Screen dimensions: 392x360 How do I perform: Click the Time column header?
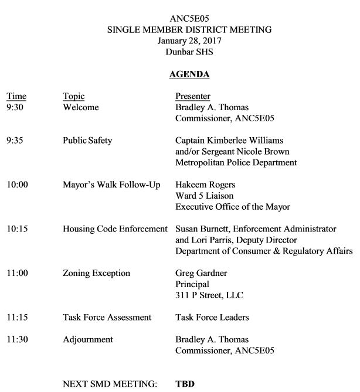[x=16, y=97]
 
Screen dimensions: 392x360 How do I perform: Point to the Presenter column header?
[x=193, y=97]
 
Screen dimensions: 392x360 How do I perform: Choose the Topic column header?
[x=74, y=97]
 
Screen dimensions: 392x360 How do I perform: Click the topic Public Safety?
[x=87, y=141]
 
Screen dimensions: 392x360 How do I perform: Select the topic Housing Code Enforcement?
[x=115, y=229]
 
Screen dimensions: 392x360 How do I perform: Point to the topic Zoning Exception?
[x=97, y=273]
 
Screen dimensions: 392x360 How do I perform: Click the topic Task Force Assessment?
[x=107, y=318]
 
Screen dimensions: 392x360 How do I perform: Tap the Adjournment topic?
[x=88, y=340]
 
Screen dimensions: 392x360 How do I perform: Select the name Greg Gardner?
[x=201, y=273]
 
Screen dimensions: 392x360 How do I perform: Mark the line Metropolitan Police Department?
[x=236, y=163]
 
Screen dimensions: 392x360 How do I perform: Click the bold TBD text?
[x=185, y=384]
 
